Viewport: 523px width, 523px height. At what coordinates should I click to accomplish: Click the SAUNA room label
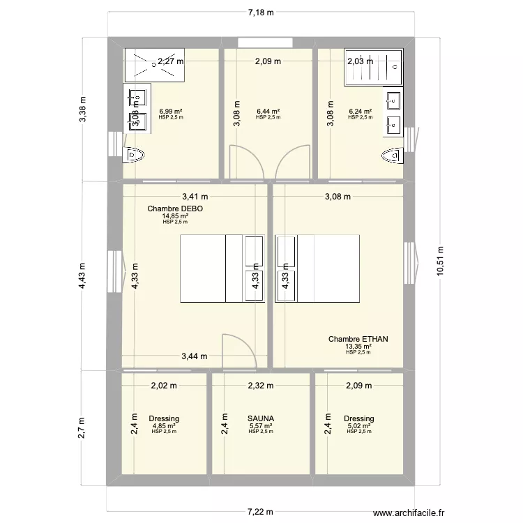pos(261,418)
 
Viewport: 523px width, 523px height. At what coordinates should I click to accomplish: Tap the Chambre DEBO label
pos(175,209)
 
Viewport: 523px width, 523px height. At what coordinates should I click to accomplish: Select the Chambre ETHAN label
pos(358,340)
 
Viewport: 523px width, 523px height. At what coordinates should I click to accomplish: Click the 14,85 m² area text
pos(175,216)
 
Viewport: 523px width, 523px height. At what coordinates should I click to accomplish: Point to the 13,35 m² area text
pos(358,347)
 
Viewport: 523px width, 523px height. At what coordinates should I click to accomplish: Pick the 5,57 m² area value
pos(261,425)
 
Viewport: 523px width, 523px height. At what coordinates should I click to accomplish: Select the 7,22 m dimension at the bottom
pos(261,512)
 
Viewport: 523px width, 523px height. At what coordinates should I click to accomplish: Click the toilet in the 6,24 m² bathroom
pos(392,155)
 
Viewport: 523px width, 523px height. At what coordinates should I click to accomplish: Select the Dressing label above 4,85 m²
pos(164,418)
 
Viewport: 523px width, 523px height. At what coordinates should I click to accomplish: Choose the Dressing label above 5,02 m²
pos(358,418)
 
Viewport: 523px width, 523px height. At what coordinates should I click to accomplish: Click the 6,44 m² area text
pos(268,112)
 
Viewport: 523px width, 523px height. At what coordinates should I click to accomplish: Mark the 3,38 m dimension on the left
pos(83,109)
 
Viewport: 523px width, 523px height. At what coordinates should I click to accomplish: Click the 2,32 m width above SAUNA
pos(261,385)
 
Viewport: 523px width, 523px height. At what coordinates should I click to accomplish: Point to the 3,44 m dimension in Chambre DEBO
pos(195,356)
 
